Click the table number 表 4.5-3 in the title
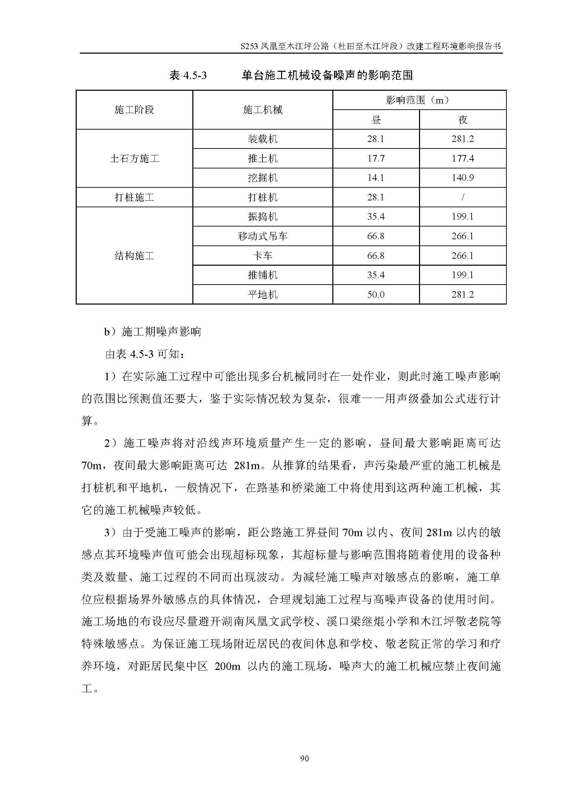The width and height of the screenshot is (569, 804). click(x=188, y=75)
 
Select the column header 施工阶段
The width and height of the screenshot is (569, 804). click(x=134, y=110)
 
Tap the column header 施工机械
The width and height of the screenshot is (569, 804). click(x=262, y=110)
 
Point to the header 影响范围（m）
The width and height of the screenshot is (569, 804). click(x=419, y=100)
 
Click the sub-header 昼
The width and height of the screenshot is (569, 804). click(x=376, y=120)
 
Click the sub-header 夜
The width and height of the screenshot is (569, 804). click(x=462, y=120)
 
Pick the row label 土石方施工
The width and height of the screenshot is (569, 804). click(x=134, y=158)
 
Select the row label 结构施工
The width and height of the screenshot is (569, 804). click(x=134, y=256)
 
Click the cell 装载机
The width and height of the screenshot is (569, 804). click(x=262, y=139)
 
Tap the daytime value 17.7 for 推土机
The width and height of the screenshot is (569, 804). click(x=376, y=158)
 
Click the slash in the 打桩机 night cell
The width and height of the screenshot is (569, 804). click(x=462, y=198)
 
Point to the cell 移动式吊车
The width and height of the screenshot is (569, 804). click(x=262, y=236)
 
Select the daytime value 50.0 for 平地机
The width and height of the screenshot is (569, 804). click(x=376, y=295)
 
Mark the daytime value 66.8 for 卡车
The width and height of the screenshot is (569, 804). click(x=376, y=256)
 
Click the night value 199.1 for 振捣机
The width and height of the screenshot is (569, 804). click(x=462, y=217)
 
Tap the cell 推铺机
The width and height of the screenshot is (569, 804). click(x=262, y=275)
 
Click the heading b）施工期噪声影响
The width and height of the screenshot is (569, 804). click(x=153, y=332)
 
